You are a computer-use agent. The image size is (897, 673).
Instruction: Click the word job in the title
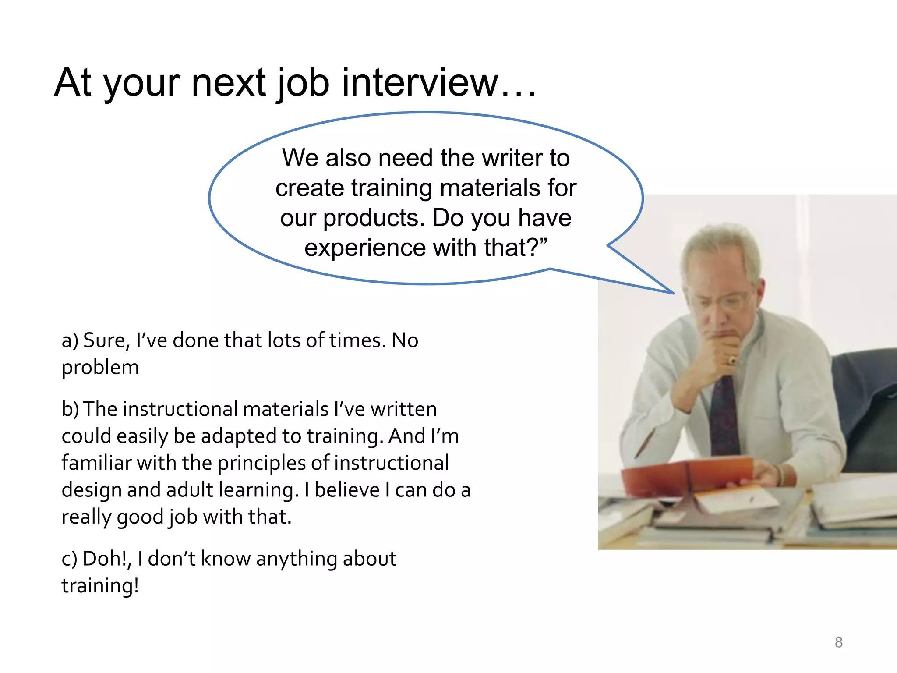tap(303, 83)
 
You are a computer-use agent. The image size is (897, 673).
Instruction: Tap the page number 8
tap(838, 642)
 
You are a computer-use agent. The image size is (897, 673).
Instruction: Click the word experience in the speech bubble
tap(365, 248)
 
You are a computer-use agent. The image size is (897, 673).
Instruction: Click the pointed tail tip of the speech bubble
tap(673, 293)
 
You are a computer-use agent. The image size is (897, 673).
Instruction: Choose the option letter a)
tap(70, 340)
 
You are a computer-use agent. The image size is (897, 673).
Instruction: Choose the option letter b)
tap(70, 409)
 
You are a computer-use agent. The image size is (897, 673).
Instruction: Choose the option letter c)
tap(69, 559)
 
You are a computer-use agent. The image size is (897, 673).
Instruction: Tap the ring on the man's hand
tap(732, 361)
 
